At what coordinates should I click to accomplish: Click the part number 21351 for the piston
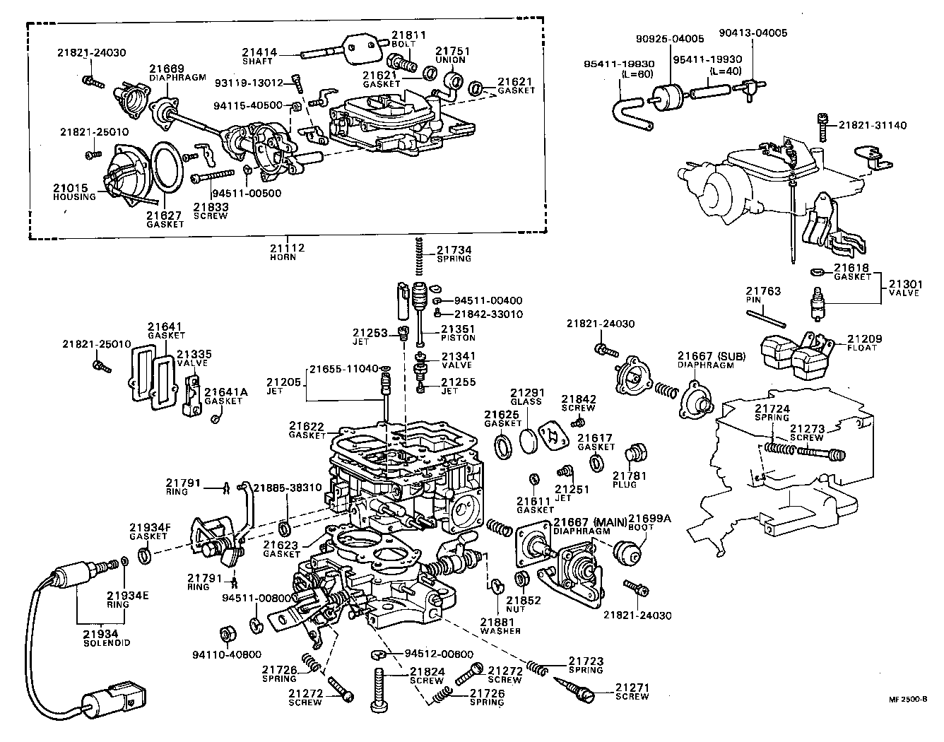[x=458, y=329]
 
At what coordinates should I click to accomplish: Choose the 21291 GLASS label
[x=525, y=396]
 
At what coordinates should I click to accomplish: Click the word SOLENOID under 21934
[x=106, y=643]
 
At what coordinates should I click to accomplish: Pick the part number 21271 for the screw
[x=631, y=687]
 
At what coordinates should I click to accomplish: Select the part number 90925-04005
[x=669, y=38]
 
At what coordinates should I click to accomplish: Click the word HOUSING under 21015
[x=74, y=196]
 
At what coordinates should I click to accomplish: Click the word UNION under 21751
[x=451, y=60]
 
